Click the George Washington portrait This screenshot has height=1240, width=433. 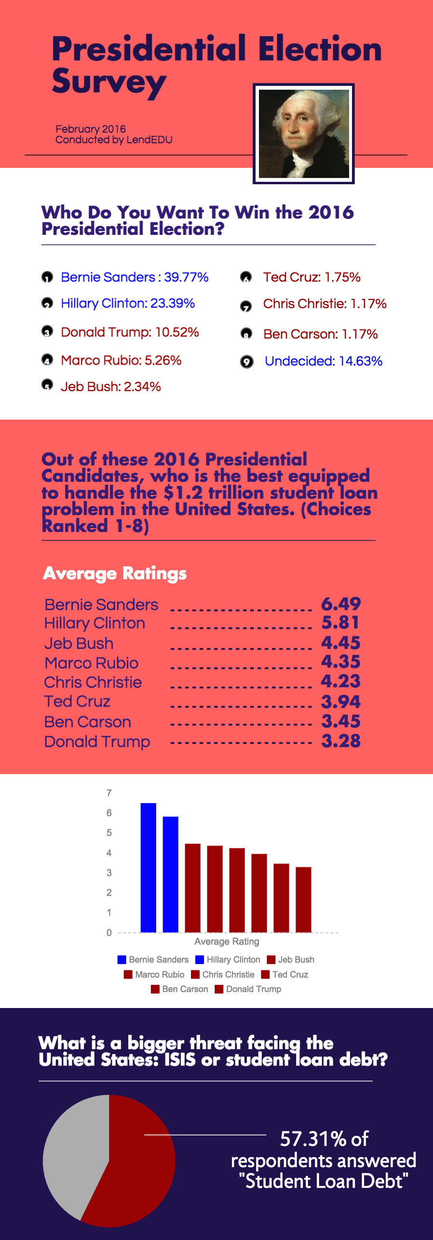(x=304, y=134)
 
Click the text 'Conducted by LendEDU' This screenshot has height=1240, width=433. (x=114, y=140)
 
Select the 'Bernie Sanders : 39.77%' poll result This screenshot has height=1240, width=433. (x=135, y=277)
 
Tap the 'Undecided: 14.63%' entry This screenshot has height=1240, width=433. (x=324, y=361)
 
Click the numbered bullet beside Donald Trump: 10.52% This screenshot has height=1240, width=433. (x=47, y=332)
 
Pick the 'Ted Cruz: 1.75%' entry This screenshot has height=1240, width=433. (x=311, y=277)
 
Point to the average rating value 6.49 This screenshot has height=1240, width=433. (x=341, y=604)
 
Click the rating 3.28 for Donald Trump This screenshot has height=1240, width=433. (x=341, y=741)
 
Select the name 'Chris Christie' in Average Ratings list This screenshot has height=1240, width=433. (x=93, y=682)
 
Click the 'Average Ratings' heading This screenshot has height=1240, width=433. (x=115, y=573)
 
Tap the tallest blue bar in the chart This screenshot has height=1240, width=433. (x=149, y=868)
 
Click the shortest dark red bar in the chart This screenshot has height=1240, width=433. (x=303, y=899)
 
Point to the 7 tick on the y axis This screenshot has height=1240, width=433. (x=109, y=793)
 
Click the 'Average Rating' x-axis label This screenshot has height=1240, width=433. (x=227, y=941)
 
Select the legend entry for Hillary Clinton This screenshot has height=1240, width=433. (x=228, y=960)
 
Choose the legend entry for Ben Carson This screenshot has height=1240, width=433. (x=179, y=989)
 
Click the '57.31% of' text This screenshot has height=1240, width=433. (x=324, y=1139)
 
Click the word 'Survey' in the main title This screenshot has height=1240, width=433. (x=109, y=82)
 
